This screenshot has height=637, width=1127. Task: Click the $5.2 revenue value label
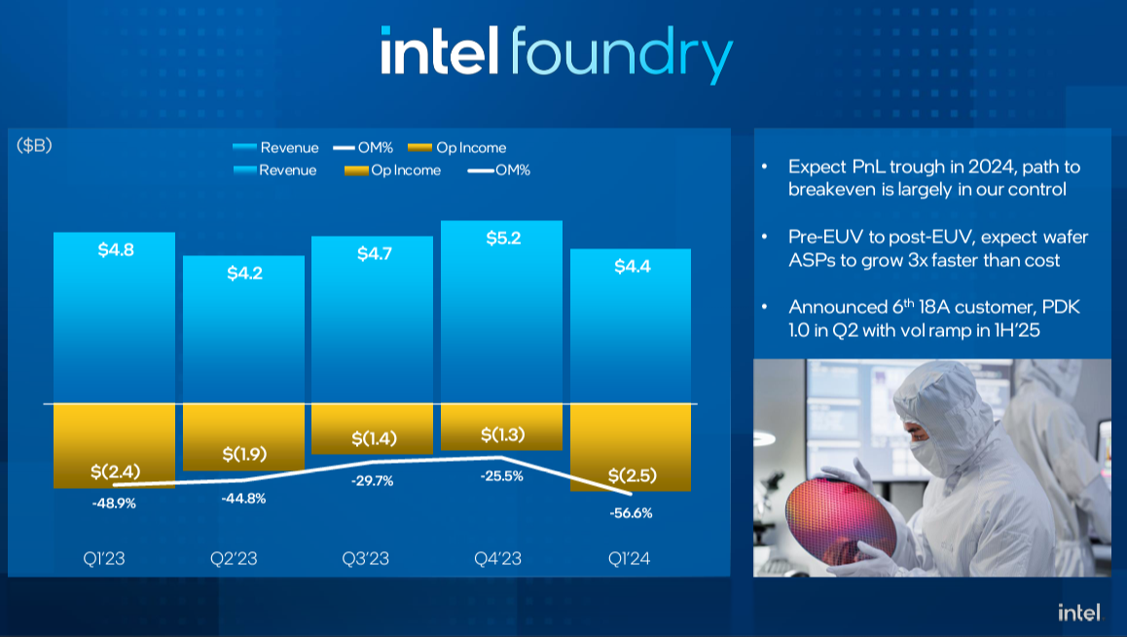pyautogui.click(x=502, y=238)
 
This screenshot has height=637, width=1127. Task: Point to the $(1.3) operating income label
pyautogui.click(x=502, y=433)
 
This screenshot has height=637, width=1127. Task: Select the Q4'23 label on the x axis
pyautogui.click(x=499, y=559)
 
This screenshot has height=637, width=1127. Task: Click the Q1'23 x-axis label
pyautogui.click(x=103, y=559)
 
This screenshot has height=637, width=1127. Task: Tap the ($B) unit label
pyautogui.click(x=34, y=146)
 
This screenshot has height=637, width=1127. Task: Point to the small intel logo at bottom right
pyautogui.click(x=1079, y=613)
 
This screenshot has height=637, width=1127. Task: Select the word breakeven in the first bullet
pyautogui.click(x=833, y=189)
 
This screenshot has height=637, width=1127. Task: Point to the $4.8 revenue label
pyautogui.click(x=116, y=249)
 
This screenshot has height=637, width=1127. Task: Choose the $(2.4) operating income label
pyautogui.click(x=115, y=471)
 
